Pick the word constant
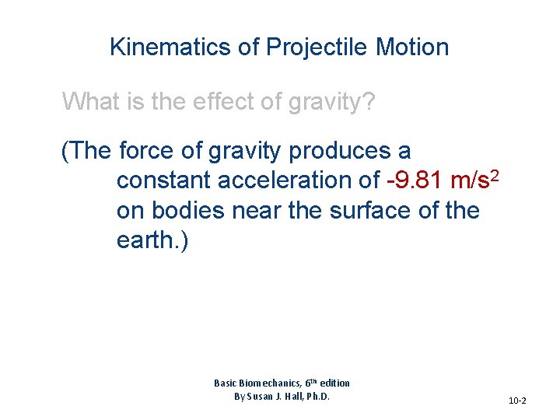[x=164, y=180]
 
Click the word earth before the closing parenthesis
[x=146, y=240]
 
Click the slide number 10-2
[x=517, y=401]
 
